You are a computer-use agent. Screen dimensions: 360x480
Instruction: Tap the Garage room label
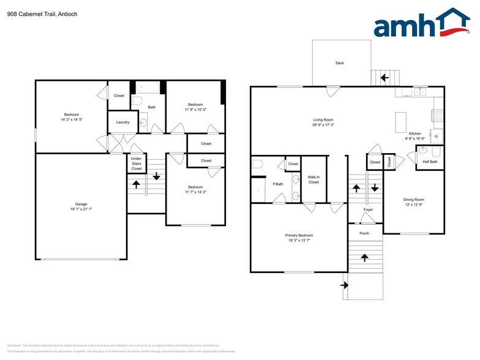81,204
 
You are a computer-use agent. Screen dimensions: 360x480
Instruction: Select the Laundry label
122,122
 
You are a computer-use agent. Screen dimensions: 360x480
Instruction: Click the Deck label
339,63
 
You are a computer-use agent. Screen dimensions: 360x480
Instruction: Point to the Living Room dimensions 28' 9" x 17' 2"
323,125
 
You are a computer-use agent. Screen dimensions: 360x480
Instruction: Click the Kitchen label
415,133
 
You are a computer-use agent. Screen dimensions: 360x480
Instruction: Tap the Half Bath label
430,162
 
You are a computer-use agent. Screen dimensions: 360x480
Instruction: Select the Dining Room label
413,200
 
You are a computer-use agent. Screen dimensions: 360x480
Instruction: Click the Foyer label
368,210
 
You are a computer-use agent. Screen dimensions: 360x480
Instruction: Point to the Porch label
364,233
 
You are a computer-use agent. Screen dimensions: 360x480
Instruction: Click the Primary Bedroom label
299,235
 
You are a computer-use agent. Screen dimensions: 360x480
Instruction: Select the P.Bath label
278,184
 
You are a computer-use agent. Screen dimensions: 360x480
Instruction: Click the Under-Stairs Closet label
137,163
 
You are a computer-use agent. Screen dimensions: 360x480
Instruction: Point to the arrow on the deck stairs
385,78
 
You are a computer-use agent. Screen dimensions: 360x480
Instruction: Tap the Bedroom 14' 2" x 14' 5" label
72,114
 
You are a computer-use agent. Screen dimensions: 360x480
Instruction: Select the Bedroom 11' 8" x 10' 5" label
196,105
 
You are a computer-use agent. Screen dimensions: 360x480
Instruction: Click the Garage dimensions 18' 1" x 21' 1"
81,209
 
